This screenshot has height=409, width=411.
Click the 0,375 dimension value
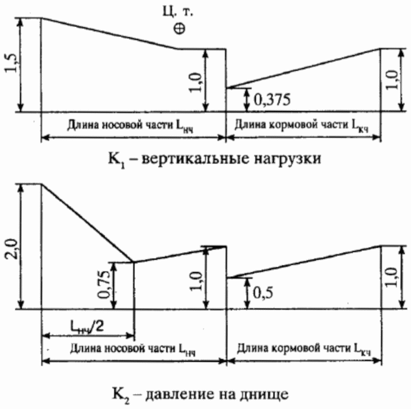(272, 100)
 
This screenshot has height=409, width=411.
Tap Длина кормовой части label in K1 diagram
(301, 127)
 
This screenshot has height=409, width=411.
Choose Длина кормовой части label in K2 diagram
(301, 349)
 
